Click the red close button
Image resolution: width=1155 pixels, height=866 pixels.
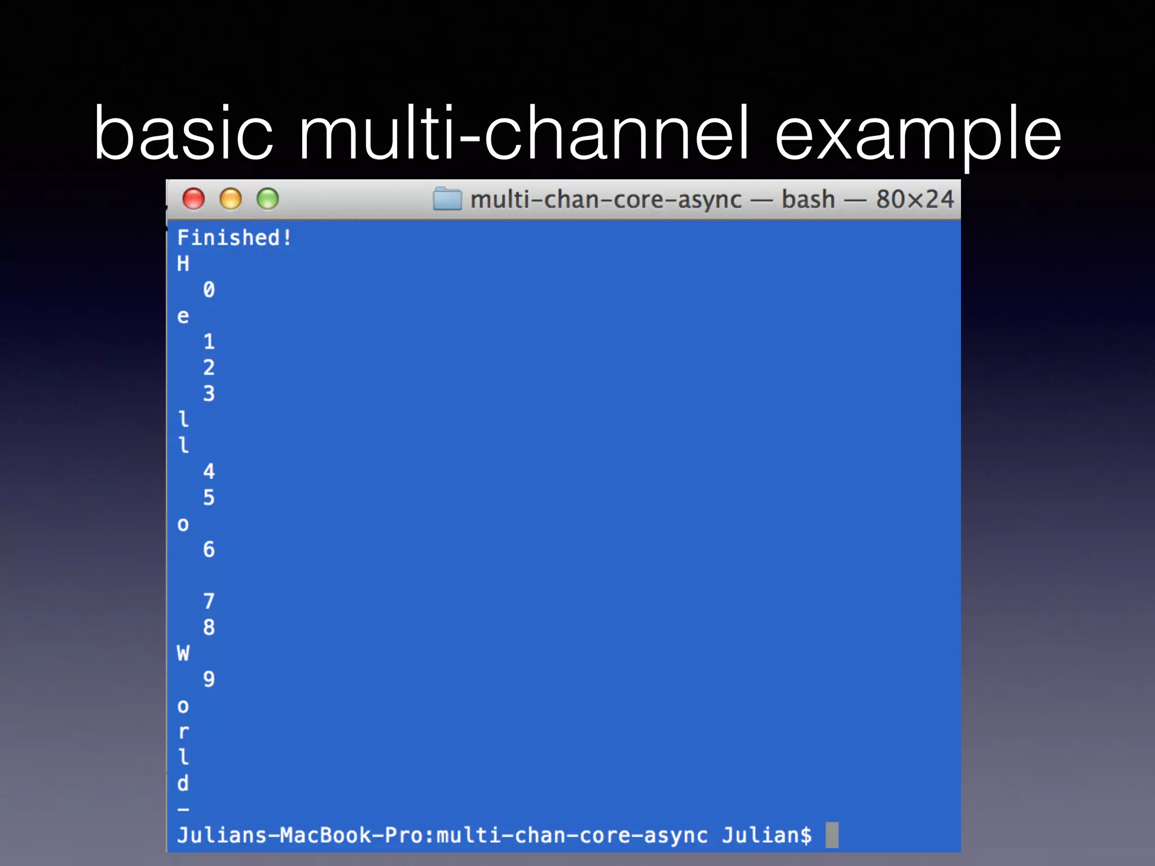click(193, 199)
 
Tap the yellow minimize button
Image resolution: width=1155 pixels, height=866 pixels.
click(231, 199)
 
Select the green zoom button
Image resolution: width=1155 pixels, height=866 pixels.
click(268, 199)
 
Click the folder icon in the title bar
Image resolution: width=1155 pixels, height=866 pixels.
click(447, 199)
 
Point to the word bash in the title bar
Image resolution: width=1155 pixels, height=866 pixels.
click(808, 199)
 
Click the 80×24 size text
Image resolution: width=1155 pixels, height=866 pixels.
click(915, 199)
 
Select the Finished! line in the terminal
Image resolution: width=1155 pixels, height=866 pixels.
click(234, 237)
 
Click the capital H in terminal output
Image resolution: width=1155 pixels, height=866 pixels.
click(183, 264)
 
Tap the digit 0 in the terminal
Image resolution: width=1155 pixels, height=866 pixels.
click(209, 290)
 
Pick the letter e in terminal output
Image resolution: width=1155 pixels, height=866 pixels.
click(183, 316)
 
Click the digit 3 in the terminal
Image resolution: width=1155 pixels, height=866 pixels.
click(209, 394)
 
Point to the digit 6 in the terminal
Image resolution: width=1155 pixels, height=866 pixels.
click(209, 550)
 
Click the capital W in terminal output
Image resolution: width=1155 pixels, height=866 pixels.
click(183, 653)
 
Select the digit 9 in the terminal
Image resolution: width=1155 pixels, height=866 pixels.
click(209, 679)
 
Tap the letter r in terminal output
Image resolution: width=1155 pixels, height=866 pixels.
click(183, 732)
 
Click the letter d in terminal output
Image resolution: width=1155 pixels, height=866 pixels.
click(183, 784)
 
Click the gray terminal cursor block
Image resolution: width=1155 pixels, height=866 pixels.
click(832, 835)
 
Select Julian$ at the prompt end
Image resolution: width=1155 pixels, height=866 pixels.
click(766, 835)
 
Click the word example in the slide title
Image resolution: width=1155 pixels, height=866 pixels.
click(918, 134)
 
